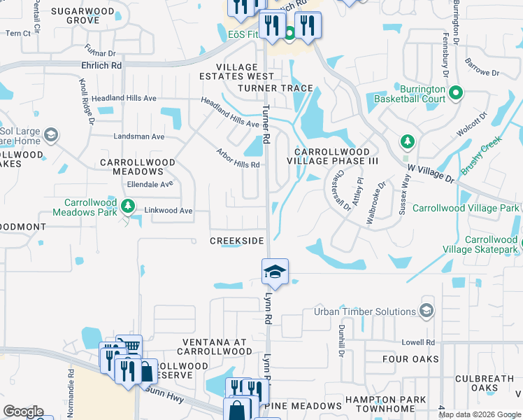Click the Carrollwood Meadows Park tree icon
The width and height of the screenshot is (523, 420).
click(127, 205)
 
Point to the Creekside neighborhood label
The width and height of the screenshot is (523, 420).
click(238, 241)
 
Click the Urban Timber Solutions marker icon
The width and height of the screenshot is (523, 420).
click(427, 311)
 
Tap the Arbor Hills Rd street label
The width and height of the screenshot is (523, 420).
click(238, 158)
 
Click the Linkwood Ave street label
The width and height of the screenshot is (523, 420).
click(168, 210)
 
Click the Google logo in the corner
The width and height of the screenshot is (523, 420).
click(24, 412)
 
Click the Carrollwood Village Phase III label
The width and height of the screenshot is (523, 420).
click(336, 155)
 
